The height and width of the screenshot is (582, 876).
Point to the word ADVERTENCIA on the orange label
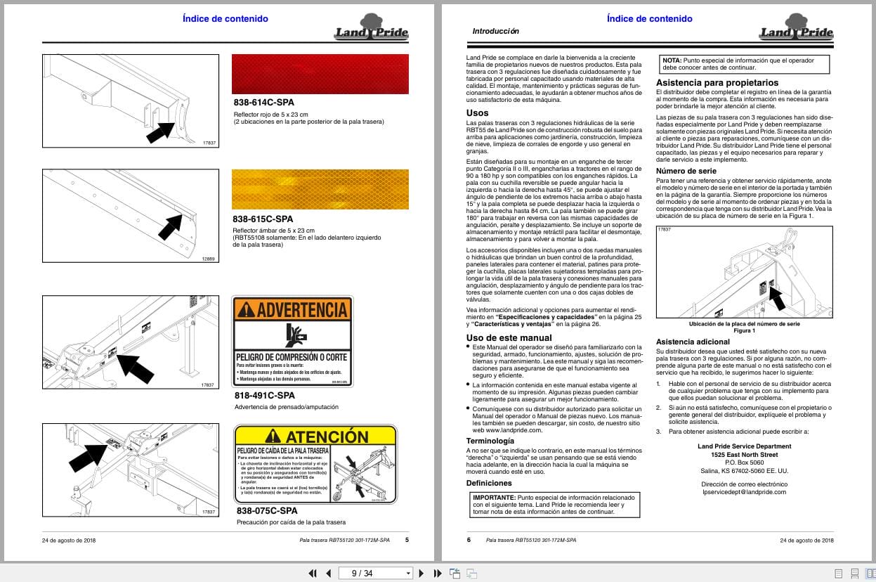click(302, 309)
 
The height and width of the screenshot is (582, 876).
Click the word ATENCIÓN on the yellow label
click(327, 437)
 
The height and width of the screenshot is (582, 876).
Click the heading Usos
click(477, 112)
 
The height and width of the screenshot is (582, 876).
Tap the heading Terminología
click(495, 441)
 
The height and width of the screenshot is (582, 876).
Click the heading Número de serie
click(686, 171)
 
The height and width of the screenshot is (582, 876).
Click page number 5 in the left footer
click(407, 540)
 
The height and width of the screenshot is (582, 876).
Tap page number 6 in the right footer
click(469, 540)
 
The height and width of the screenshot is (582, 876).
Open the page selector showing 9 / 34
click(375, 574)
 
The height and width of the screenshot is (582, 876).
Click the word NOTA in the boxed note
click(672, 61)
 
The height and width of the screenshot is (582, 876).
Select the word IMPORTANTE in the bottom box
click(495, 497)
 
